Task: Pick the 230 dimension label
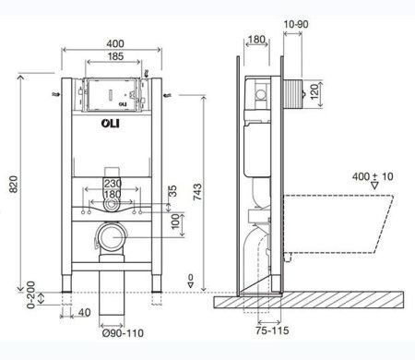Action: point(111,184)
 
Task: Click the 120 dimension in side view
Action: point(314,91)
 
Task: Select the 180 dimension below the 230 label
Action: point(111,195)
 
